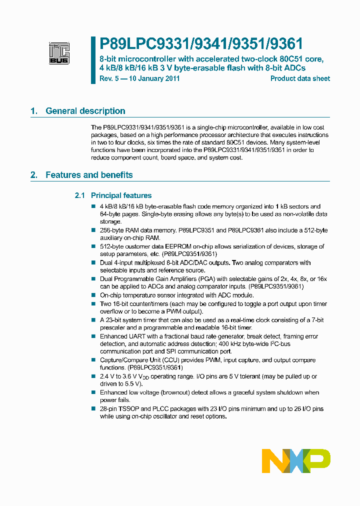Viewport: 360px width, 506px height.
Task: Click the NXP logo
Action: coord(296,460)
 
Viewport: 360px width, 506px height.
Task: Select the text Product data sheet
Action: coord(300,78)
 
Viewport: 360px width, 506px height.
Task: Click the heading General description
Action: coord(85,111)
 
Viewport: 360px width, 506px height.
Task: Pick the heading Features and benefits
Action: coord(89,175)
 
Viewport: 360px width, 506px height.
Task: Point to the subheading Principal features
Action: coord(121,195)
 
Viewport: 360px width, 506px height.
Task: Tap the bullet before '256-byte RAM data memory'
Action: coord(93,230)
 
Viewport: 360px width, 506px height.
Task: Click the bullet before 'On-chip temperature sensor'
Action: coord(93,295)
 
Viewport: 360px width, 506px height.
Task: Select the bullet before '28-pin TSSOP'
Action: coord(93,409)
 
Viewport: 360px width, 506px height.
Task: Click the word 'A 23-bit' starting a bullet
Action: coord(111,320)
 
